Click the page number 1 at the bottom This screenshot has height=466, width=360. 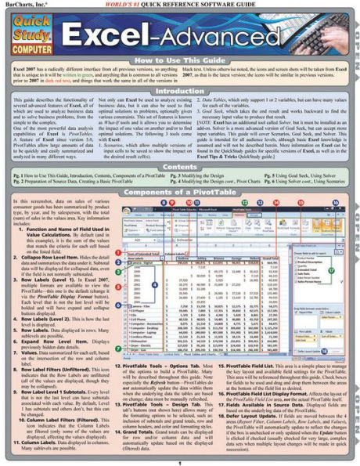tap(180, 461)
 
